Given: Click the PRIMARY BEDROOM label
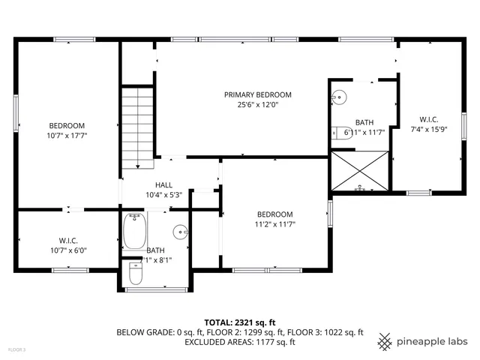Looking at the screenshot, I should (257, 94).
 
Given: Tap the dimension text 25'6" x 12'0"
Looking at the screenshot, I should (257, 104).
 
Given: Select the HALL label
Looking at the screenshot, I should (163, 184).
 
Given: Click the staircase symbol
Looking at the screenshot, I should (138, 127).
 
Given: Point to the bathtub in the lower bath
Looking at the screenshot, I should (136, 232).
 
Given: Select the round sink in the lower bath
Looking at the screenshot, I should (180, 231).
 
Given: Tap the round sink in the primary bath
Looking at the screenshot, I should (340, 96).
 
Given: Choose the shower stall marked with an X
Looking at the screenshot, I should (361, 171).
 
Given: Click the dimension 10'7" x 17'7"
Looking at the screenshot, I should (67, 136).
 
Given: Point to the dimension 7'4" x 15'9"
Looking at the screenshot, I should (429, 128).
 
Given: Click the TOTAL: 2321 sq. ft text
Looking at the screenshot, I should (239, 322).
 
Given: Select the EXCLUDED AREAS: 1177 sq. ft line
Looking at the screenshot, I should (239, 342).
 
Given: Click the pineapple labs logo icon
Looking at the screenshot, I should (385, 341).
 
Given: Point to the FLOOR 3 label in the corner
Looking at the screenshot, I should (16, 349).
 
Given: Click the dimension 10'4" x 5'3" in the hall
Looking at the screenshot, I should (163, 194).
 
